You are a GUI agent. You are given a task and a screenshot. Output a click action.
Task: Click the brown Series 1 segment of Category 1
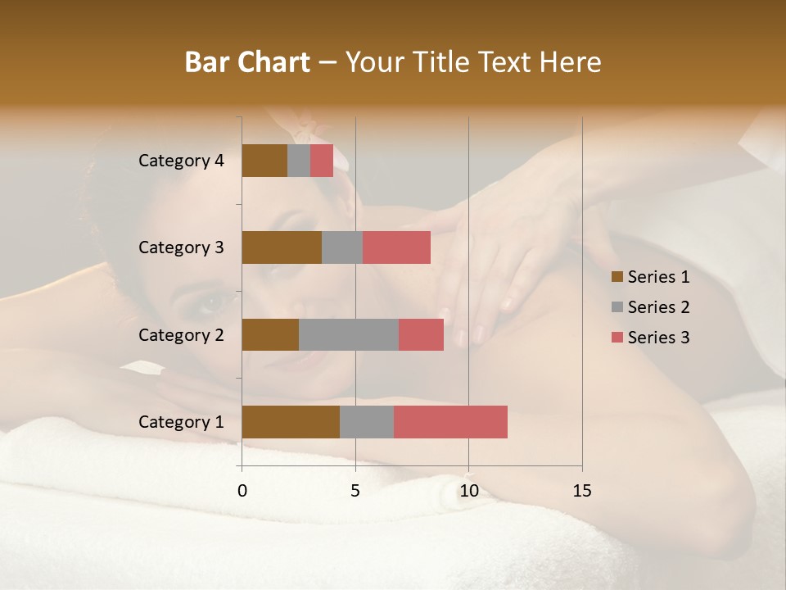coord(291,422)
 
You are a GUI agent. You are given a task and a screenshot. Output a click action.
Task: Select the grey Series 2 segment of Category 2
coord(349,335)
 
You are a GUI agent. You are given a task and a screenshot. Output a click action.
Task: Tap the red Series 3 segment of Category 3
coord(396,247)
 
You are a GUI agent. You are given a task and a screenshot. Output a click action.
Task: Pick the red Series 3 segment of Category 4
coord(322,161)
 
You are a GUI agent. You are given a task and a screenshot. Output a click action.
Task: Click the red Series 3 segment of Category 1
coord(450,422)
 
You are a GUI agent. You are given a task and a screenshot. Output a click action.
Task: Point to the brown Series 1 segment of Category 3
coord(282,247)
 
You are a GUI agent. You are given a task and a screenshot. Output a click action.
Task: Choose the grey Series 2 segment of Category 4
coord(299,161)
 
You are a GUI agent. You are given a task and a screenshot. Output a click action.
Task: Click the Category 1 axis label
coord(181,422)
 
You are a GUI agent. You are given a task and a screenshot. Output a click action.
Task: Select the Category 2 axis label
coord(181,335)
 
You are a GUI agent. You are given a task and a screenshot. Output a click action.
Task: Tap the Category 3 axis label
coord(181,247)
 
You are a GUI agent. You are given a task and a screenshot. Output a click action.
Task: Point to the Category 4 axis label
coord(181,161)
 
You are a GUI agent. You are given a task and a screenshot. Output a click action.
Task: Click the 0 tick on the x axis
coord(242,491)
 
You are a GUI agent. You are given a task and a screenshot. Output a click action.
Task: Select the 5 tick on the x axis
coord(355,491)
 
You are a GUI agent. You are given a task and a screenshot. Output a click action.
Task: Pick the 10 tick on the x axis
coord(468,491)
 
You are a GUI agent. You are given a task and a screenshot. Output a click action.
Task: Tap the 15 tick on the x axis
coord(582,491)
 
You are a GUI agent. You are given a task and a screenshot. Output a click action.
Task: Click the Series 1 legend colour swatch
coord(617,277)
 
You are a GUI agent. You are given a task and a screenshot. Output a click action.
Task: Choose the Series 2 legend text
coord(658,307)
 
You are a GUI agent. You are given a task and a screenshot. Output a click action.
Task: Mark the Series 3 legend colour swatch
coord(617,338)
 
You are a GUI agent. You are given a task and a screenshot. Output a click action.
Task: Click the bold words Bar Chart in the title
coord(247,62)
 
